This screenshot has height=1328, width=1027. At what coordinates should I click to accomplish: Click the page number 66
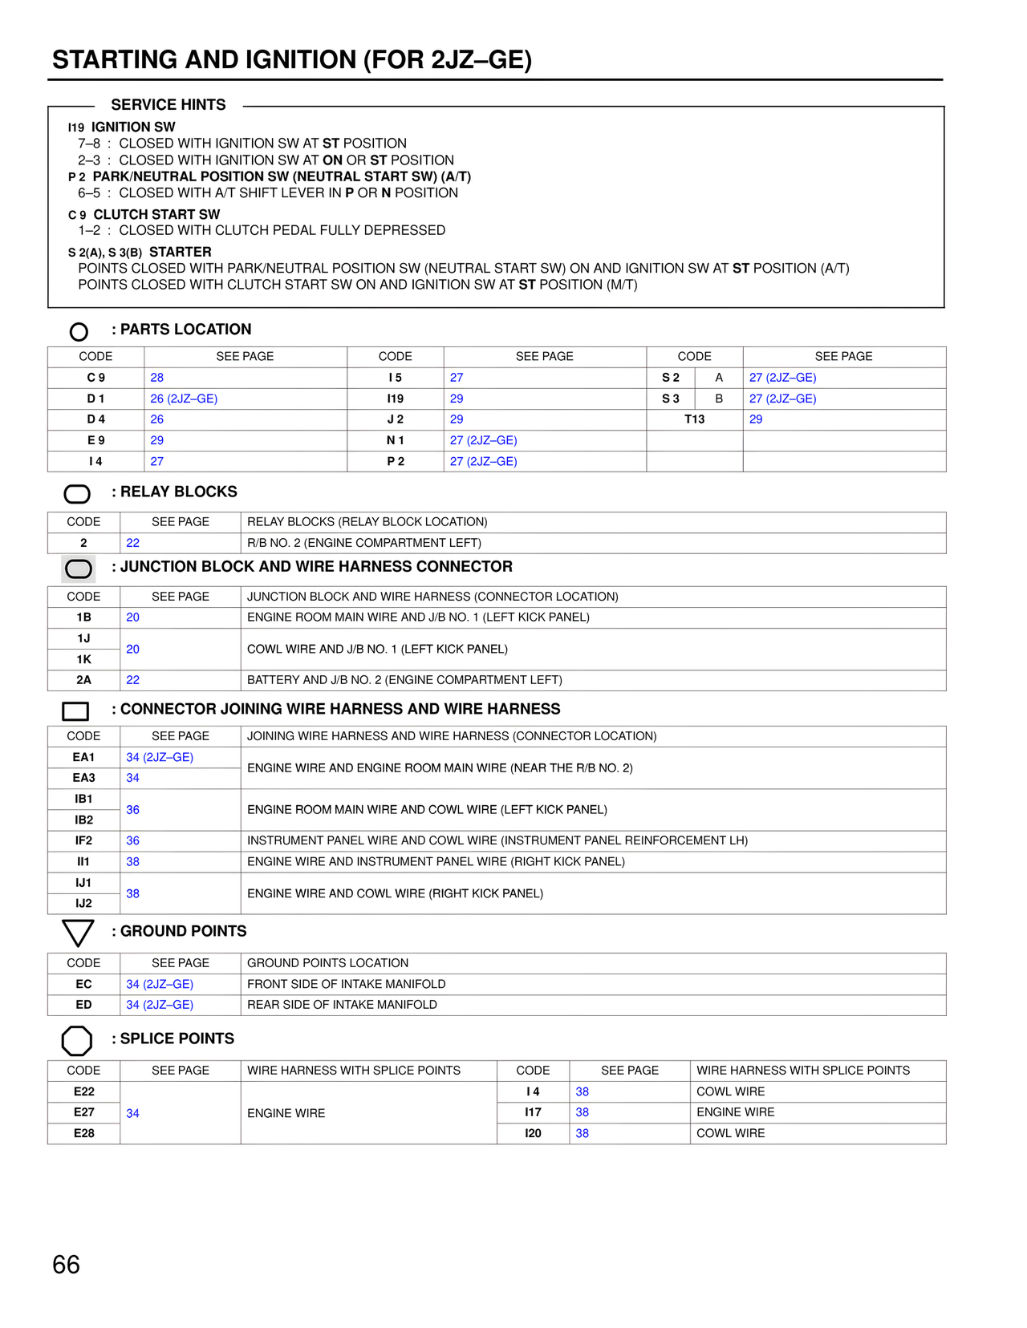click(x=66, y=1265)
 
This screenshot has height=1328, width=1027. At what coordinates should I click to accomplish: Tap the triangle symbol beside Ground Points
click(x=78, y=933)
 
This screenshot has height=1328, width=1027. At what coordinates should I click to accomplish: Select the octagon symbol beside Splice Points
click(x=77, y=1040)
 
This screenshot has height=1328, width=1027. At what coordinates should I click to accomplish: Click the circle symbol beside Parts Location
click(x=79, y=331)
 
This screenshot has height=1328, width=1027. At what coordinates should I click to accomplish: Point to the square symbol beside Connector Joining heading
click(x=75, y=711)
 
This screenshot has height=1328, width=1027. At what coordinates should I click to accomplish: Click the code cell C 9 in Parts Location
click(x=95, y=378)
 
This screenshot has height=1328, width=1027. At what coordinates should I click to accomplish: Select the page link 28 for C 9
click(x=156, y=378)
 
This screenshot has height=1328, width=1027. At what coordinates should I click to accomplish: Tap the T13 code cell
click(x=694, y=419)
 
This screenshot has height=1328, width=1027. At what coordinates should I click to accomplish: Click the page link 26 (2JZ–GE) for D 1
click(x=184, y=399)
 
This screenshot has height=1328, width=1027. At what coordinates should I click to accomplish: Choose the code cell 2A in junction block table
click(x=83, y=680)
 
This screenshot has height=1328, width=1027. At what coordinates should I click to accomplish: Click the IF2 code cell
click(x=83, y=840)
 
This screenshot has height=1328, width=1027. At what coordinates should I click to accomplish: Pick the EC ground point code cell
click(x=83, y=984)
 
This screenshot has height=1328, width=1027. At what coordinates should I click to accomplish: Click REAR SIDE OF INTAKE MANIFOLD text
click(x=342, y=1005)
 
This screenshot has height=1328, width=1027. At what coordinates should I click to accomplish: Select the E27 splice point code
click(x=83, y=1112)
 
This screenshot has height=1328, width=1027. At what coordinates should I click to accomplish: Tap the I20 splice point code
click(x=533, y=1133)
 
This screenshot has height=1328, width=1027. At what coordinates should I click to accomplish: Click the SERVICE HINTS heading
click(x=168, y=105)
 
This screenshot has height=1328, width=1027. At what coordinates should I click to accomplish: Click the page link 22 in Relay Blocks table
click(x=132, y=543)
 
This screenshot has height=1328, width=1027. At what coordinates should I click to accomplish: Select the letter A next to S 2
click(x=719, y=378)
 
